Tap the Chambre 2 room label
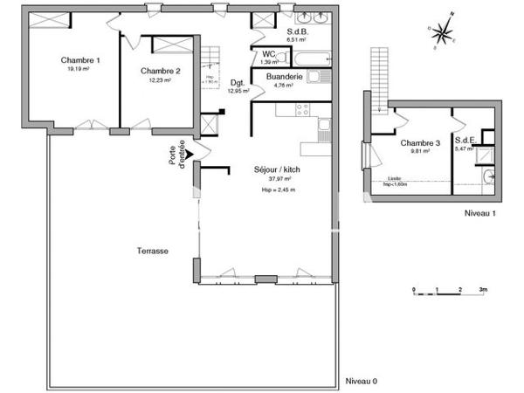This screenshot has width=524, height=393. pos(160,71)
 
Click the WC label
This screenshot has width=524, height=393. pos(269,54)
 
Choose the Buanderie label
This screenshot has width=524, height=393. pos(286,77)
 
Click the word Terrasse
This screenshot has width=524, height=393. pos(152,251)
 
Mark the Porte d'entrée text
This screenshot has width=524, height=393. pos(177,152)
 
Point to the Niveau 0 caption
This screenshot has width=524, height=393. pos(361,381)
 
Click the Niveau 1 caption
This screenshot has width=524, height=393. pos(480,212)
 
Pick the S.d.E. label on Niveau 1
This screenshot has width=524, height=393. pos(464,140)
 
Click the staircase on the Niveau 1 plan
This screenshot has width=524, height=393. pos(379,78)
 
